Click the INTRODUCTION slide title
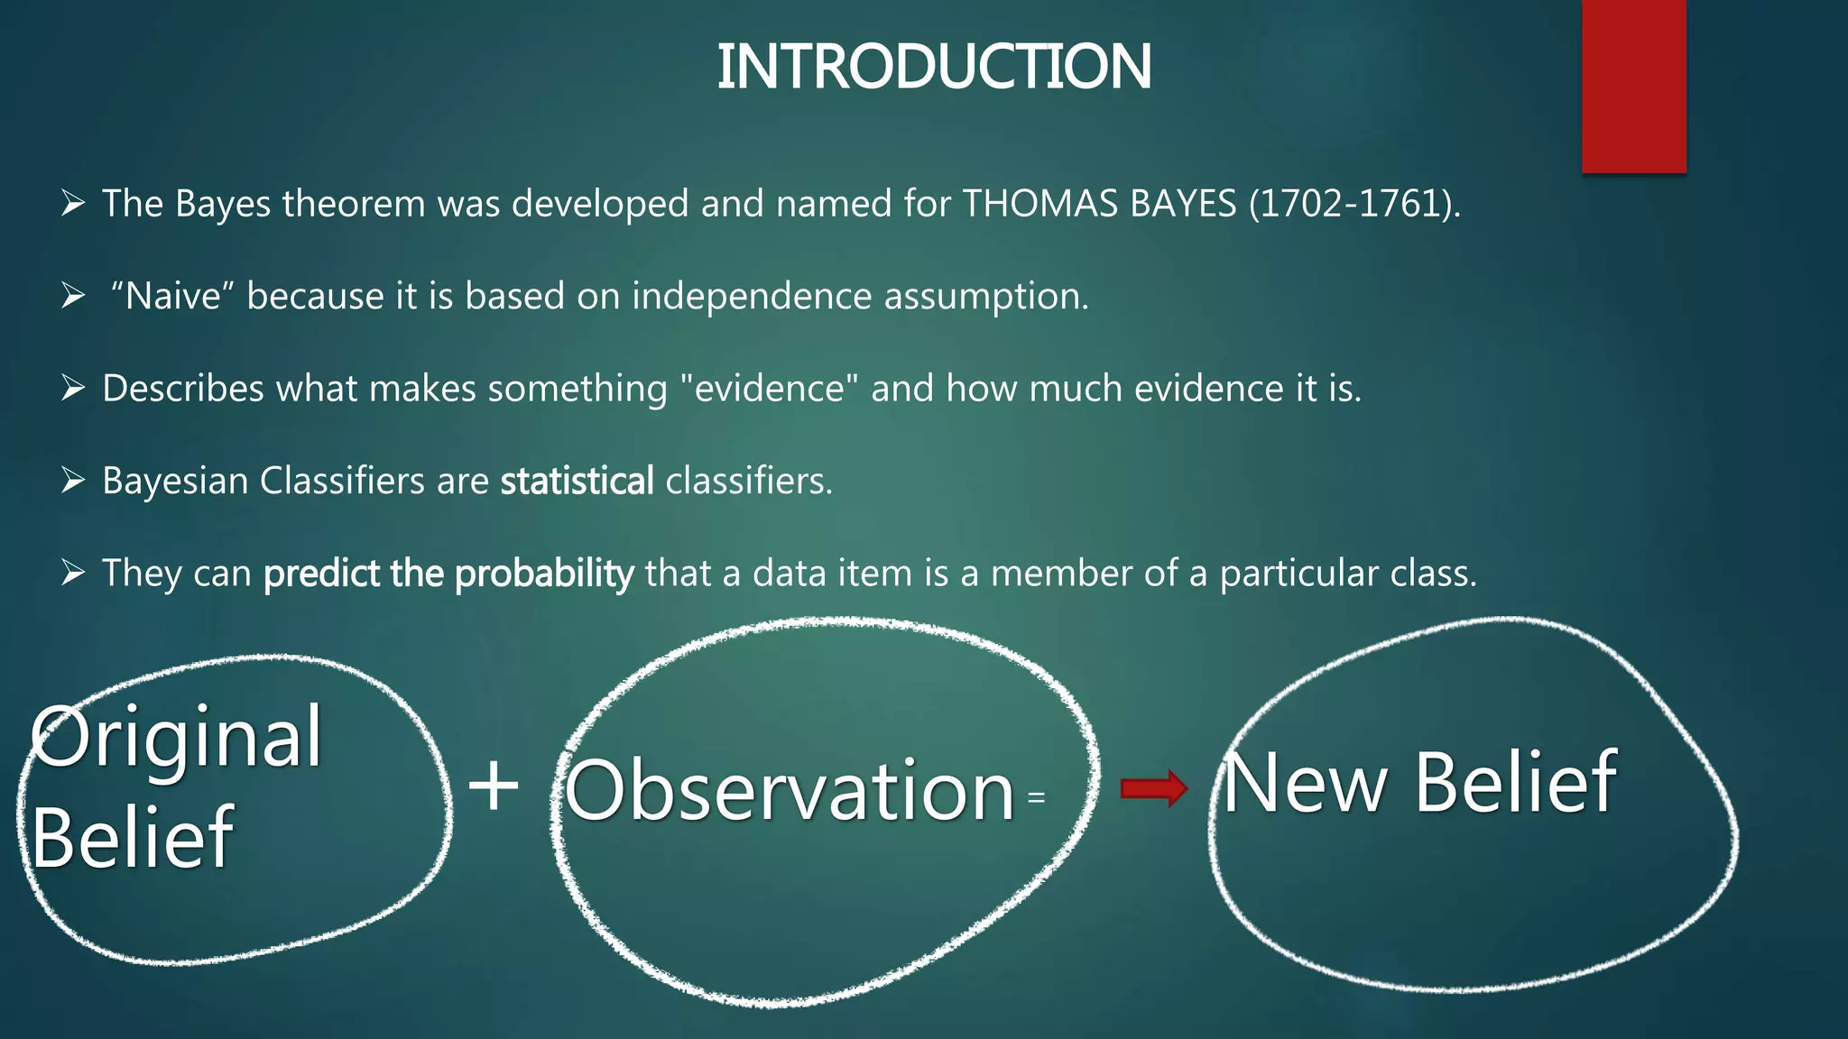click(x=933, y=68)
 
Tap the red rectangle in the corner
click(x=1633, y=86)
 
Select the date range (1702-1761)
click(x=1354, y=204)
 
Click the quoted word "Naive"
click(x=172, y=296)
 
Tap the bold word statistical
click(x=577, y=481)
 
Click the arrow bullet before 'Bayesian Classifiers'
click(x=73, y=480)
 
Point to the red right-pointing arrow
click(x=1154, y=789)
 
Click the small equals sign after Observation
click(x=1037, y=797)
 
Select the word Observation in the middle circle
click(x=790, y=791)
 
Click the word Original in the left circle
click(x=176, y=738)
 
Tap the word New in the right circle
click(x=1305, y=783)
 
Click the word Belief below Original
click(x=133, y=838)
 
